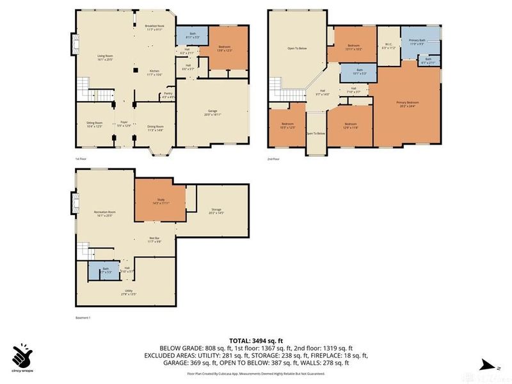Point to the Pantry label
tap(168, 95)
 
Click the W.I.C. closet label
tap(386, 46)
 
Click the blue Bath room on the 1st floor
tap(188, 37)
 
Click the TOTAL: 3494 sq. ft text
tap(256, 341)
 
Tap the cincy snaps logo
tap(22, 356)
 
